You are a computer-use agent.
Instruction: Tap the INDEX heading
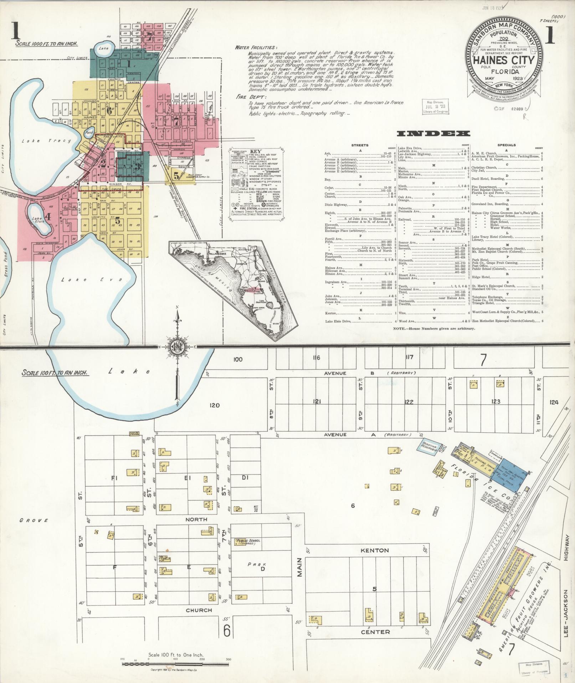point(433,134)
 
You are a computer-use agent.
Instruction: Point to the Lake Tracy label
point(46,141)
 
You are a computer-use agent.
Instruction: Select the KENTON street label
point(374,550)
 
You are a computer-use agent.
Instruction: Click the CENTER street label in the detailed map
point(375,632)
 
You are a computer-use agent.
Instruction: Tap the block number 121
point(317,402)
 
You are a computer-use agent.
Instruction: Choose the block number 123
point(496,401)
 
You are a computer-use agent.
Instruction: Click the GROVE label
point(34,520)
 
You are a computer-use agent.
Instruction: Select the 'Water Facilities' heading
point(255,47)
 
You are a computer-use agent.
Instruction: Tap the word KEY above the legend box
point(256,151)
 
